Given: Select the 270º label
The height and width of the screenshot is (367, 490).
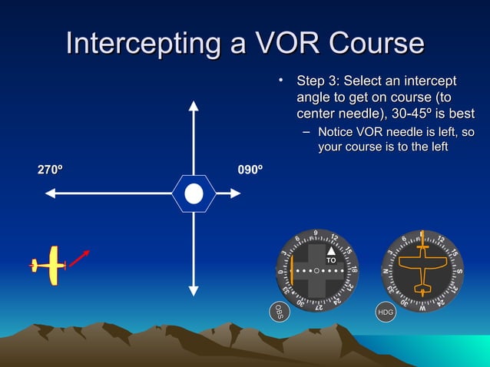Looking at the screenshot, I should click(51, 170).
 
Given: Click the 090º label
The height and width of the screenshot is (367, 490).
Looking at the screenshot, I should click(251, 170).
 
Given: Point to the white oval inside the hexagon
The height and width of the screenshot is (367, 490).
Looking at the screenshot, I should click(194, 193).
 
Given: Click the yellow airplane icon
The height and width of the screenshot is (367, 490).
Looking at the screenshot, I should click(50, 266).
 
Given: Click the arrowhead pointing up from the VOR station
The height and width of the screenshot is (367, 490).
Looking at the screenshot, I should click(194, 105).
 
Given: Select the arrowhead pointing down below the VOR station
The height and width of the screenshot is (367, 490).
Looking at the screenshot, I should click(194, 291).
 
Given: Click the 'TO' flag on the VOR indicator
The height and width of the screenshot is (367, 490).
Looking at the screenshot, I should click(331, 261).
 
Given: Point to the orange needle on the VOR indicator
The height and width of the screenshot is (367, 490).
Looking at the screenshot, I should click(293, 270).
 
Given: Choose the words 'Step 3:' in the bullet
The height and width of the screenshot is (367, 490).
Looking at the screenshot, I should click(318, 81).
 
